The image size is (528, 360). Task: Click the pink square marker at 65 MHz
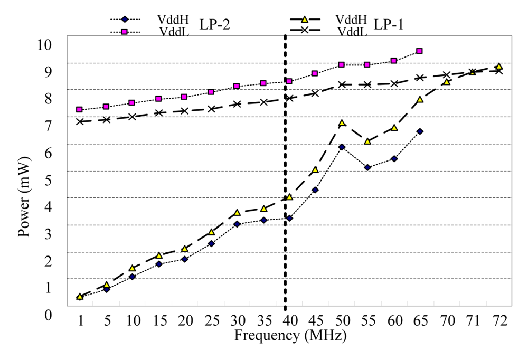click(x=419, y=51)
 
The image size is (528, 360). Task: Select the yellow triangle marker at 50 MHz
click(x=342, y=123)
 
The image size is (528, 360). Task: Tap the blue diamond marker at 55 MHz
click(x=367, y=167)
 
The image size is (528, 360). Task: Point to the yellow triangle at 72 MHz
click(x=498, y=67)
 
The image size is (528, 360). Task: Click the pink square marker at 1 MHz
click(x=79, y=110)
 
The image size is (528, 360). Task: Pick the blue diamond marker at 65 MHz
click(x=419, y=131)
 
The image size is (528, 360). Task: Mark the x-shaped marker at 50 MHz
click(x=342, y=84)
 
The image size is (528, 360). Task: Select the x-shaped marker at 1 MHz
click(x=79, y=121)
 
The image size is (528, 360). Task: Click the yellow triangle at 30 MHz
click(x=237, y=213)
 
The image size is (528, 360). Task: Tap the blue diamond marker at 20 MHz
click(x=185, y=259)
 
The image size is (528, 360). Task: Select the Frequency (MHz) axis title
click(x=290, y=335)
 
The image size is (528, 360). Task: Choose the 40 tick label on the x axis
click(x=290, y=320)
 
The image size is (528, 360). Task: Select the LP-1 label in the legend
click(x=389, y=24)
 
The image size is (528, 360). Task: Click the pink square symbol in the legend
click(x=125, y=32)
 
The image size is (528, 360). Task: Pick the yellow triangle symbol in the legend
click(x=304, y=19)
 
